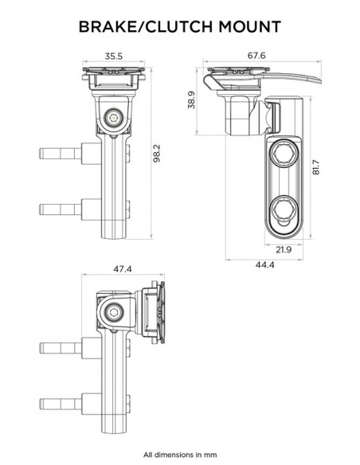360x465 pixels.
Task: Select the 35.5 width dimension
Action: (113, 57)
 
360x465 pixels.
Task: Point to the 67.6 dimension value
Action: (256, 57)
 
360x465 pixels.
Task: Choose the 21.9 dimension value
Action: (284, 249)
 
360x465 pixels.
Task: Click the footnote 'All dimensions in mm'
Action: (179, 455)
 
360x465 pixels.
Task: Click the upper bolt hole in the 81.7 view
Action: (284, 153)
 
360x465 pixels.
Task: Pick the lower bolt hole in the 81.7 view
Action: (284, 210)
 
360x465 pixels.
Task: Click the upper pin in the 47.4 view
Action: (61, 346)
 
